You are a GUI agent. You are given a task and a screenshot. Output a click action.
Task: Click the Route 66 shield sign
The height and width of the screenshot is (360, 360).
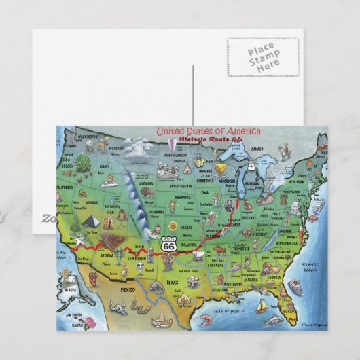tap(170, 244)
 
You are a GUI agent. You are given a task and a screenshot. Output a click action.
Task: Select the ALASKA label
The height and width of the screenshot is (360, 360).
tap(69, 287)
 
